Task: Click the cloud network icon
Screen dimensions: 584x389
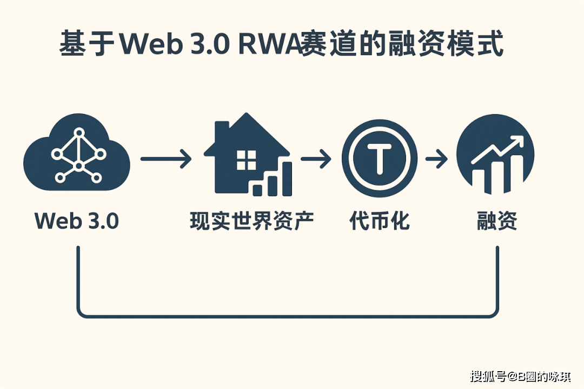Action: point(76,152)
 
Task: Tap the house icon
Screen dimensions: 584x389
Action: point(247,155)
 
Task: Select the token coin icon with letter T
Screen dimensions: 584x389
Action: point(380,158)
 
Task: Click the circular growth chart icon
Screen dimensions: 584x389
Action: point(495,154)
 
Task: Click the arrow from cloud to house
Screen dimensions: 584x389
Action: point(166,159)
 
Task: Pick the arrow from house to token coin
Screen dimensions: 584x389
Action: point(316,159)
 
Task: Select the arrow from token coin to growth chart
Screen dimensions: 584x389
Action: point(436,159)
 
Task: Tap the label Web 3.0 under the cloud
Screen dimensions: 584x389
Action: point(77,221)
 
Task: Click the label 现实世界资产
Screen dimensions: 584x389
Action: point(252,221)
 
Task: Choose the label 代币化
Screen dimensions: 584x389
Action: point(380,221)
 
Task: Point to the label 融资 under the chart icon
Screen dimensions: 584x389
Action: point(497,221)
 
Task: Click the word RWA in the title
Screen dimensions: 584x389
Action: point(269,44)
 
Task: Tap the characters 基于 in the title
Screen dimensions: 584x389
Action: point(87,44)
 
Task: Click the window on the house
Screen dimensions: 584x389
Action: point(246,160)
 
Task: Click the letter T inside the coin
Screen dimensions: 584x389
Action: point(380,159)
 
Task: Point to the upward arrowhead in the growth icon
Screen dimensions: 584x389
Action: point(516,142)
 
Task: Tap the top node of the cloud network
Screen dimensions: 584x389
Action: point(79,132)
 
